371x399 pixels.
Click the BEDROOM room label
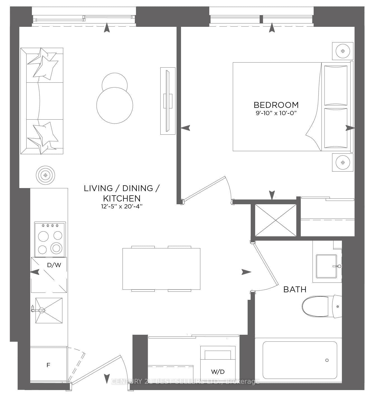click(x=276, y=105)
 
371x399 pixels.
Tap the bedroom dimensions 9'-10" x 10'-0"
click(x=276, y=113)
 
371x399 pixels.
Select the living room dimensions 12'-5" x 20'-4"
click(x=122, y=206)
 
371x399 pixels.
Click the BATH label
click(x=295, y=289)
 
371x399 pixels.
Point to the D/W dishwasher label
click(x=54, y=265)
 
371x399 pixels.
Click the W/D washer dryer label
click(x=218, y=372)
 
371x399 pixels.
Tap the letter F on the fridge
click(x=48, y=365)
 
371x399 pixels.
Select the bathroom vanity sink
click(x=326, y=266)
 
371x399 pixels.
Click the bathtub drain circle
click(x=327, y=360)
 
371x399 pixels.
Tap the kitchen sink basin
click(x=49, y=310)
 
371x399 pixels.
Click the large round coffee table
click(x=115, y=105)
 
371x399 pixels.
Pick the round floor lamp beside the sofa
click(x=45, y=175)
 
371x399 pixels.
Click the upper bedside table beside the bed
click(x=342, y=51)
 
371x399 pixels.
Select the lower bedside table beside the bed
click(x=342, y=162)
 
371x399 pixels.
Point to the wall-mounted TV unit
click(x=168, y=101)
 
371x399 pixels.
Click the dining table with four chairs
click(x=161, y=269)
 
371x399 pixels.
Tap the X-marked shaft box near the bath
click(x=276, y=220)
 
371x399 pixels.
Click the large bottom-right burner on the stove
click(x=56, y=248)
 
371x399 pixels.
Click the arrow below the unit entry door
click(x=107, y=379)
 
